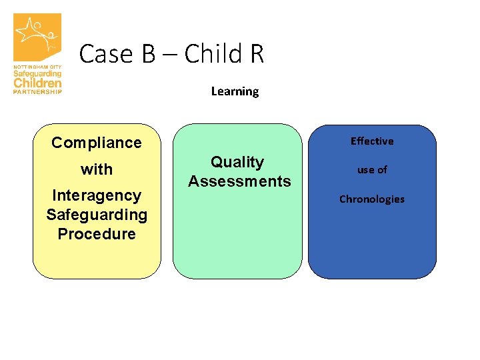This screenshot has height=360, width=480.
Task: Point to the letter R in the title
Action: point(257,54)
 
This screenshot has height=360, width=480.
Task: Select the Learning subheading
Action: point(235,91)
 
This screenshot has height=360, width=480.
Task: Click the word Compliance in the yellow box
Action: point(97,143)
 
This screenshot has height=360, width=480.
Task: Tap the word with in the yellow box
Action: point(97,170)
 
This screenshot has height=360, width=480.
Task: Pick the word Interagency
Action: point(97,195)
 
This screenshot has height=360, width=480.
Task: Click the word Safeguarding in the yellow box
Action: point(97,215)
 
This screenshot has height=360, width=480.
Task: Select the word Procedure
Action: point(97,234)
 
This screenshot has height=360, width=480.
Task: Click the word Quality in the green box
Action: point(237,162)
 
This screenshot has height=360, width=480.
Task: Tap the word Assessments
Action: point(239,181)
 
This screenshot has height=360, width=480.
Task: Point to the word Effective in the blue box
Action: point(372,141)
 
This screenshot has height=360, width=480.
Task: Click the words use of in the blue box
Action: point(372,170)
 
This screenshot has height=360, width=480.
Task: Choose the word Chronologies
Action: point(372,199)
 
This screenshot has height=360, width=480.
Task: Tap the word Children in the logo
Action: point(37,83)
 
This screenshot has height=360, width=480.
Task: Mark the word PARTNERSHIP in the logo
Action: point(37,91)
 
